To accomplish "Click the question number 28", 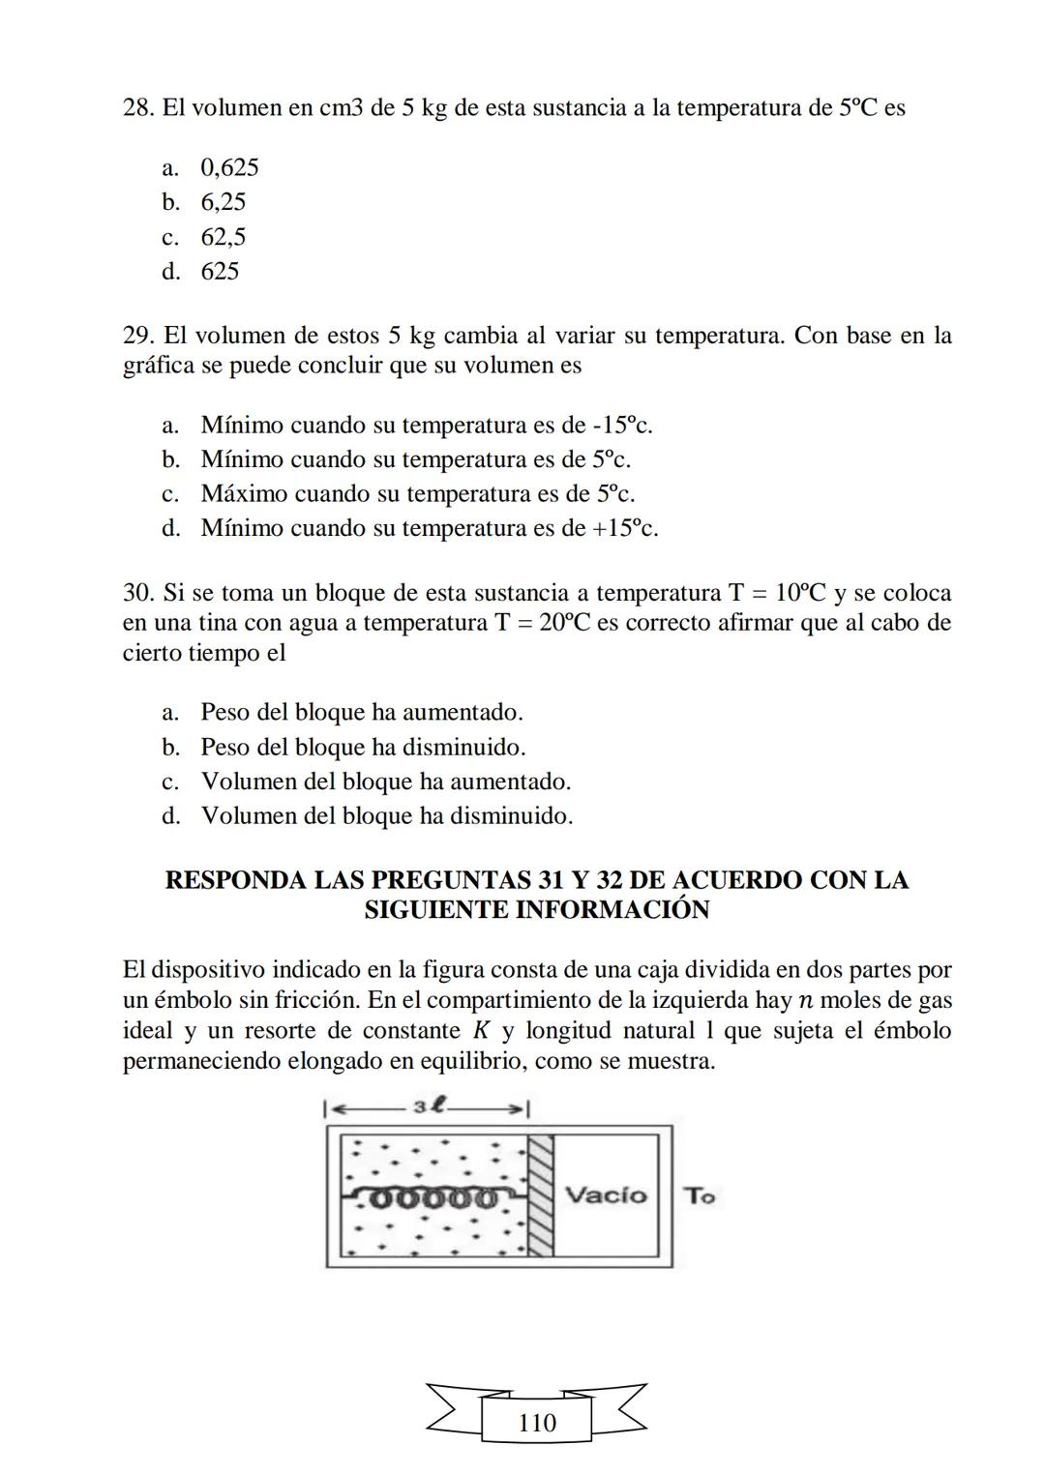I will [x=139, y=107].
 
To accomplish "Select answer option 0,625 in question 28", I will [x=229, y=168].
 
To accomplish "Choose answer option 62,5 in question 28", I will [x=223, y=237].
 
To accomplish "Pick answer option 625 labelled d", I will [x=220, y=272].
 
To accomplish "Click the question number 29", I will [x=139, y=336].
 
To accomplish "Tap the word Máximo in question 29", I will [x=244, y=494].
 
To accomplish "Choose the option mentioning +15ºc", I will [x=429, y=529].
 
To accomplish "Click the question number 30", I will [x=139, y=593].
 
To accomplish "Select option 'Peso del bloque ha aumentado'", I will [x=361, y=713].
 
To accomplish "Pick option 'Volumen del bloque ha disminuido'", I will [x=386, y=816].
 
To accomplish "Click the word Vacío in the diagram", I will [x=606, y=1195].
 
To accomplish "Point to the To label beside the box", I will [x=699, y=1196].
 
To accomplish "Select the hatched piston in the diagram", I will [x=540, y=1195].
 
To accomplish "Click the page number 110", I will [x=537, y=1423].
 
